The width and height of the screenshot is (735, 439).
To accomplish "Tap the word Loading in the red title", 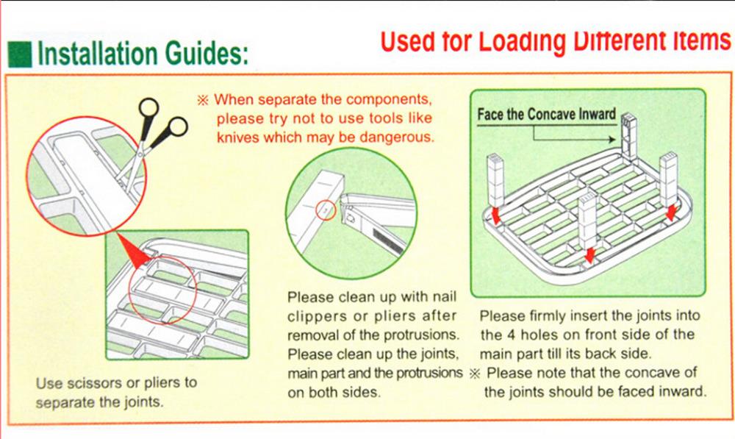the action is tap(521, 42).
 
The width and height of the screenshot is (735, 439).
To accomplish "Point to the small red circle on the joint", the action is tap(326, 210).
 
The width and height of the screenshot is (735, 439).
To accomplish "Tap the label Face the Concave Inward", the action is tap(546, 115).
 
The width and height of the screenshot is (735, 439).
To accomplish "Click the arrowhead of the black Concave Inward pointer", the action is tap(612, 139).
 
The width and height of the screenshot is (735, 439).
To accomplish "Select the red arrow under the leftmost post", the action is tap(495, 216).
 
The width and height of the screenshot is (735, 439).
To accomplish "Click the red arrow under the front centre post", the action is tap(589, 256).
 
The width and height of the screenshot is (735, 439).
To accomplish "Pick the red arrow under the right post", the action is tap(672, 212).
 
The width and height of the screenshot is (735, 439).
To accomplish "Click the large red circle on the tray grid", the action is tap(162, 290).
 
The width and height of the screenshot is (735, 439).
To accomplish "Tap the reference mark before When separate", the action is tap(203, 100).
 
